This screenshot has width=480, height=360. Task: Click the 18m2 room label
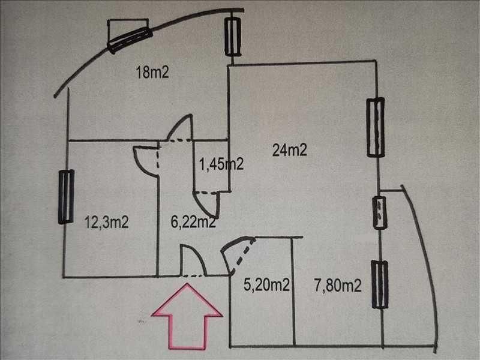pyautogui.click(x=152, y=73)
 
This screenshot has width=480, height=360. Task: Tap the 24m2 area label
pyautogui.click(x=289, y=151)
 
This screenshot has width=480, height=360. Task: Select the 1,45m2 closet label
pyautogui.click(x=221, y=164)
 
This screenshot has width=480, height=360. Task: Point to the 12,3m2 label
pyautogui.click(x=107, y=222)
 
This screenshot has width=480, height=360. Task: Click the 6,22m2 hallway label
pyautogui.click(x=193, y=222)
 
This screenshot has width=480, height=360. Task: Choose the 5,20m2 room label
pyautogui.click(x=266, y=284)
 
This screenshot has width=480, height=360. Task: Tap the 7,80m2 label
pyautogui.click(x=338, y=286)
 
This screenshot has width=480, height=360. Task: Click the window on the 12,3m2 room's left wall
pyautogui.click(x=67, y=197)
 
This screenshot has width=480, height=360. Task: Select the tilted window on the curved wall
pyautogui.click(x=130, y=40)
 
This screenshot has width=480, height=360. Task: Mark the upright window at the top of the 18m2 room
pyautogui.click(x=233, y=37)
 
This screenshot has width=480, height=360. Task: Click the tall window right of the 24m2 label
pyautogui.click(x=376, y=127)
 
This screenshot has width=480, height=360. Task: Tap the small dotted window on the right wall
pyautogui.click(x=380, y=213)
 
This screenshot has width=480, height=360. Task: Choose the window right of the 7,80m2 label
pyautogui.click(x=380, y=284)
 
